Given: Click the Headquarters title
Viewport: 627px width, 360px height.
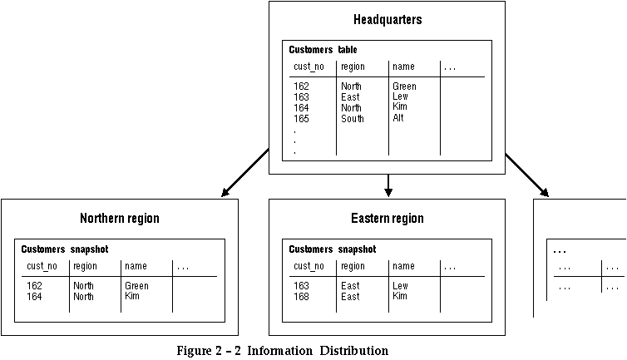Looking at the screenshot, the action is point(388,20).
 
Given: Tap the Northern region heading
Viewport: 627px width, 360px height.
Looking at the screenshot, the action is point(120,219).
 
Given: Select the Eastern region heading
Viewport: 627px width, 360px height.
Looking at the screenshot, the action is point(388,219).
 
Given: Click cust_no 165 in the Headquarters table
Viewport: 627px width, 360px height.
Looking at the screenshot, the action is point(301,119).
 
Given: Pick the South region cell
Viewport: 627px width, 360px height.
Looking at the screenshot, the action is point(353,119).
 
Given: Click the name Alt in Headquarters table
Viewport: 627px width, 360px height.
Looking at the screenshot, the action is point(397,118).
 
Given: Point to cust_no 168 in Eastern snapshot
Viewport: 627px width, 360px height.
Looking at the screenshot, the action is point(301,297).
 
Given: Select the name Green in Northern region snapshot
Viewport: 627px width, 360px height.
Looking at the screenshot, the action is point(136,286).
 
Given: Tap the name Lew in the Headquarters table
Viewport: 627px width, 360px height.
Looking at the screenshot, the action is point(400,96).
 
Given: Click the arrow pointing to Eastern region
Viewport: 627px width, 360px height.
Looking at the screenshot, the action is point(388,185).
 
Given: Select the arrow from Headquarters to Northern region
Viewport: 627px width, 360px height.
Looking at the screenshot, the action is point(245,172).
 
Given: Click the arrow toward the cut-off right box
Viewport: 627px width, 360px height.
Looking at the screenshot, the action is point(527,175).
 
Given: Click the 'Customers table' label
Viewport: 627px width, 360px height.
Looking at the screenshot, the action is point(323,50).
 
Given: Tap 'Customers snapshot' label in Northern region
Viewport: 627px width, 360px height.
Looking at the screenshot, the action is point(64,249).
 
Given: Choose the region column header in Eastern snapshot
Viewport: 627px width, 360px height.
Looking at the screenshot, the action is point(353,266).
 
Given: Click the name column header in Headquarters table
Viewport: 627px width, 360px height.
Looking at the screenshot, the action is point(403,67).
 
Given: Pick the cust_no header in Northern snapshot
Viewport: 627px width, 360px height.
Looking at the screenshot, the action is point(42,266).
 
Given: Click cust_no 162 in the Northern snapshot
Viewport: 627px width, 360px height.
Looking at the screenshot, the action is point(34,286).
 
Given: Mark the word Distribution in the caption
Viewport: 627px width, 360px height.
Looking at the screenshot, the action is point(354,351).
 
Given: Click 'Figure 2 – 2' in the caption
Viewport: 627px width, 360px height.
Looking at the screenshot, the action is point(209,351).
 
